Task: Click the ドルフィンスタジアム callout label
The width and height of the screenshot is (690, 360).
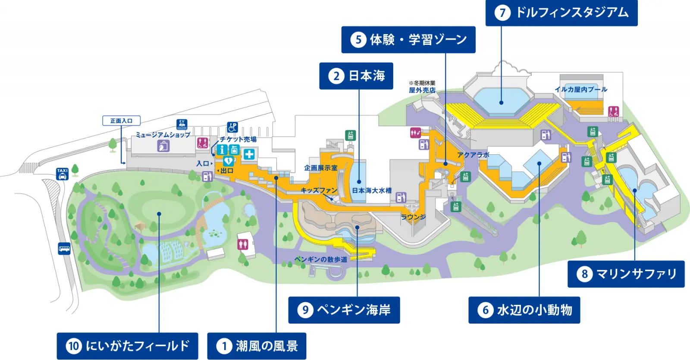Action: coord(561,13)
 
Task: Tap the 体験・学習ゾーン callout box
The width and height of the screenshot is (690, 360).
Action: coord(408,40)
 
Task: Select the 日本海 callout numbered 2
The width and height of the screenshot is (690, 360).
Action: coord(356,76)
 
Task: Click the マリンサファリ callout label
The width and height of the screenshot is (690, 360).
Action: coord(626,274)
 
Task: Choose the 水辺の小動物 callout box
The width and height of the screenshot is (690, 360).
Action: coord(524,310)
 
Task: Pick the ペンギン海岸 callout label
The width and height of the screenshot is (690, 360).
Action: coord(344,310)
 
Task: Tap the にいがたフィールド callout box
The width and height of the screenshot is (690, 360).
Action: coord(127,346)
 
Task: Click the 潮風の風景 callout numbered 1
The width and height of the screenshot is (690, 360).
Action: coord(257,346)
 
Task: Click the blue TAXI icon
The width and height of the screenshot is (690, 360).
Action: coord(63,174)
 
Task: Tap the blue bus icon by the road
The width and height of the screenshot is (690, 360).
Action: coord(64,248)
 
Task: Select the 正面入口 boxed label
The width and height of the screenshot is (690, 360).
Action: coord(121,121)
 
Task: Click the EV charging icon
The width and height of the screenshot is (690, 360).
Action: coord(182,124)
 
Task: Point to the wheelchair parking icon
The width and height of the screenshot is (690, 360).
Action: coord(232,128)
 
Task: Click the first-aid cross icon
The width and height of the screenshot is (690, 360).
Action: coord(249,154)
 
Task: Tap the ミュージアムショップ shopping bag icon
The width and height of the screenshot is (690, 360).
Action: coord(163,146)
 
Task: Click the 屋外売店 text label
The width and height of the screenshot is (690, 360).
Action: coord(422,90)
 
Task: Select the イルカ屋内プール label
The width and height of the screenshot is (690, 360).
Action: coord(581,89)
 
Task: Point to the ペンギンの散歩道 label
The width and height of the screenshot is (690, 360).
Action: coord(321,259)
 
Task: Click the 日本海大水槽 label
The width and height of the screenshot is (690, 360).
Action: coord(372,190)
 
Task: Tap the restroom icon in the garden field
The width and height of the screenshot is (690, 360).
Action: coord(243,244)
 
